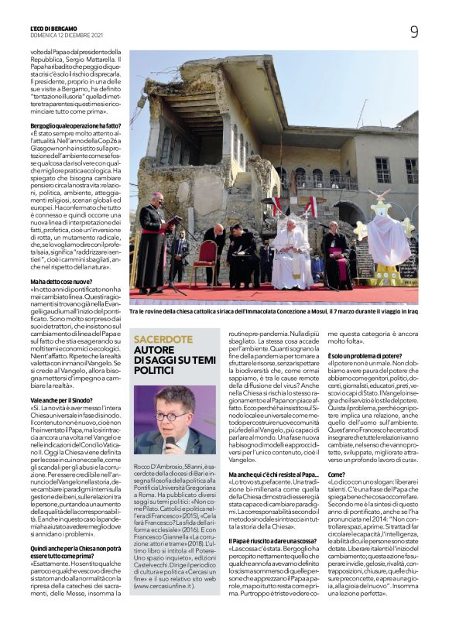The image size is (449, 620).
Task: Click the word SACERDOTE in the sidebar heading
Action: (x=163, y=339)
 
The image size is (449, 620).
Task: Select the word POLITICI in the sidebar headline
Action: (x=157, y=372)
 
